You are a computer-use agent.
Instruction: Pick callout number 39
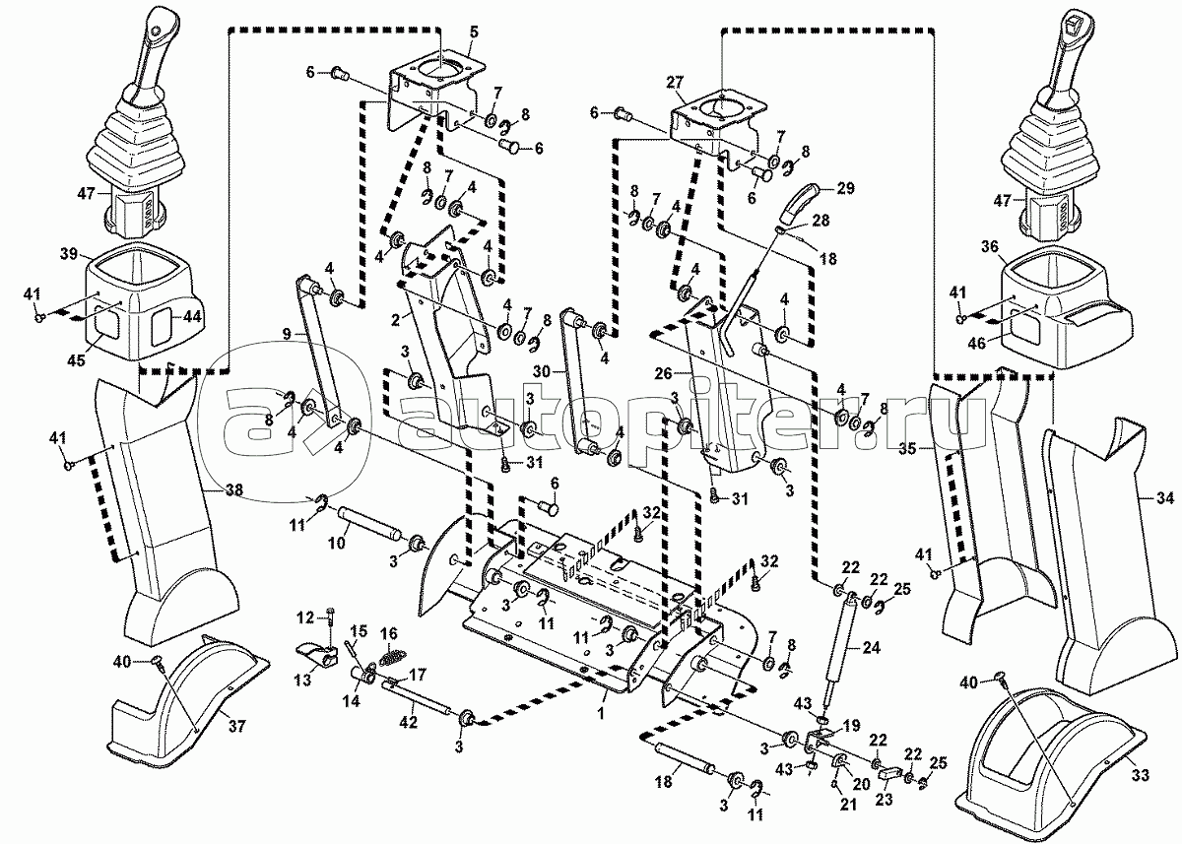point(68,254)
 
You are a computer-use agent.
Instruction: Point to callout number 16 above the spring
point(389,632)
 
